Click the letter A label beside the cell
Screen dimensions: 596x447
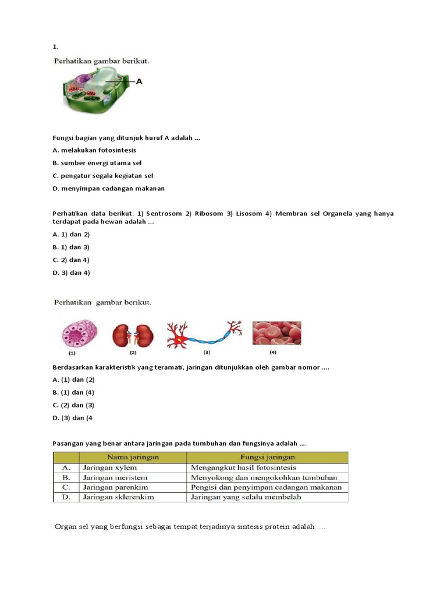tap(139, 82)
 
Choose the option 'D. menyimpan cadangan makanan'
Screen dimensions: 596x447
tap(108, 188)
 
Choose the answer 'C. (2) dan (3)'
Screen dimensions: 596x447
tap(73, 405)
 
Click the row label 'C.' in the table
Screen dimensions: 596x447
tap(66, 487)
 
